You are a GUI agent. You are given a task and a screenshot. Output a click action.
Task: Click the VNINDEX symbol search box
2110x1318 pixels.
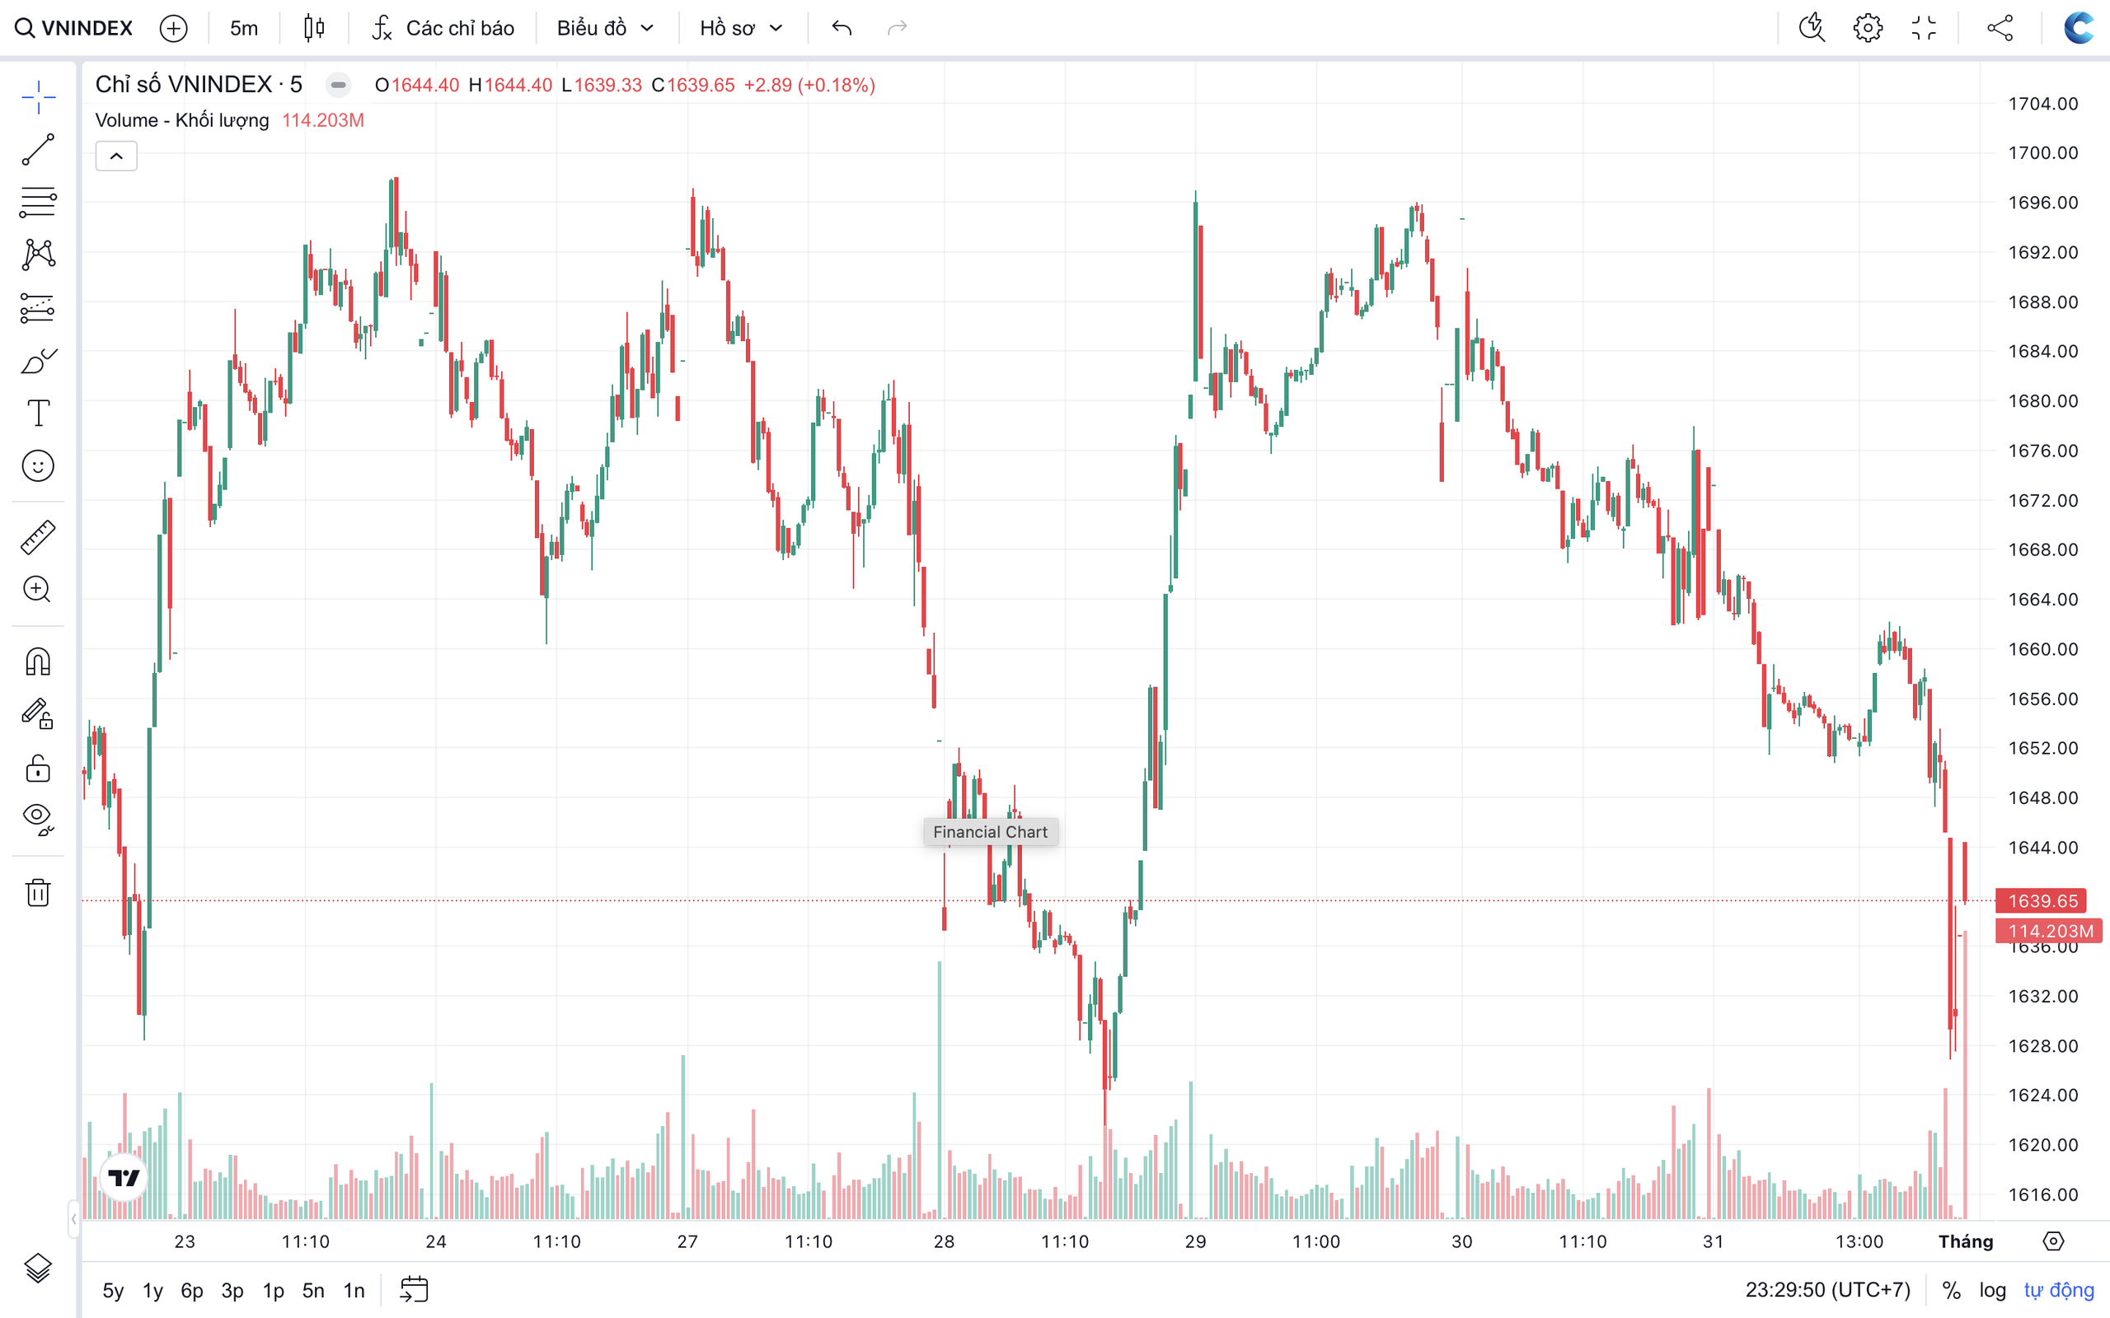pyautogui.click(x=75, y=28)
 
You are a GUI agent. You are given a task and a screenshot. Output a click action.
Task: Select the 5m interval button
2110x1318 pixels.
pyautogui.click(x=244, y=28)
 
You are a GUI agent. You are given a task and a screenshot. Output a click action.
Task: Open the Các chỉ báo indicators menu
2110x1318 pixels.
pyautogui.click(x=443, y=28)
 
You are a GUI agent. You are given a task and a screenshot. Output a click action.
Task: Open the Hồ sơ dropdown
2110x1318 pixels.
pyautogui.click(x=741, y=28)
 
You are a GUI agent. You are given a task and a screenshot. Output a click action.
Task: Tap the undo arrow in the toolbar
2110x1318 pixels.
pyautogui.click(x=842, y=28)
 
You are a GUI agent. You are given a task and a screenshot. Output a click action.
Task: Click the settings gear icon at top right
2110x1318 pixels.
pyautogui.click(x=1868, y=28)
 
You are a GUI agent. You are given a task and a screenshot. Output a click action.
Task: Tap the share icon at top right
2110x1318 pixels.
pyautogui.click(x=2000, y=28)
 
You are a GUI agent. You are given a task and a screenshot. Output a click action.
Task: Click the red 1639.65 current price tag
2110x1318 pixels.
pyautogui.click(x=2042, y=900)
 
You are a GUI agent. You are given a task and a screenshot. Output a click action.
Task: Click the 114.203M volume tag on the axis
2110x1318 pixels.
pyautogui.click(x=2050, y=931)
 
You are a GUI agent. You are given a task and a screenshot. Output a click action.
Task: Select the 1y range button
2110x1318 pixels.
pyautogui.click(x=152, y=1290)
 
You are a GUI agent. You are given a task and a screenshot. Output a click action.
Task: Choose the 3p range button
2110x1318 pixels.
pyautogui.click(x=232, y=1290)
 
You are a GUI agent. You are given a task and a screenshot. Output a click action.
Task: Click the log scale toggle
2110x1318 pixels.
pyautogui.click(x=1992, y=1290)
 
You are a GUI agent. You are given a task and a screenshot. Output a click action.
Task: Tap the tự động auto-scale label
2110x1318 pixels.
pyautogui.click(x=2059, y=1290)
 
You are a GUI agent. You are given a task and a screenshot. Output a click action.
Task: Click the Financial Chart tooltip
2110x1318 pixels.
pyautogui.click(x=991, y=832)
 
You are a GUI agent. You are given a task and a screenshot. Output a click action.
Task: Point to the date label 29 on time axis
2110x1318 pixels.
pyautogui.click(x=1195, y=1241)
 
